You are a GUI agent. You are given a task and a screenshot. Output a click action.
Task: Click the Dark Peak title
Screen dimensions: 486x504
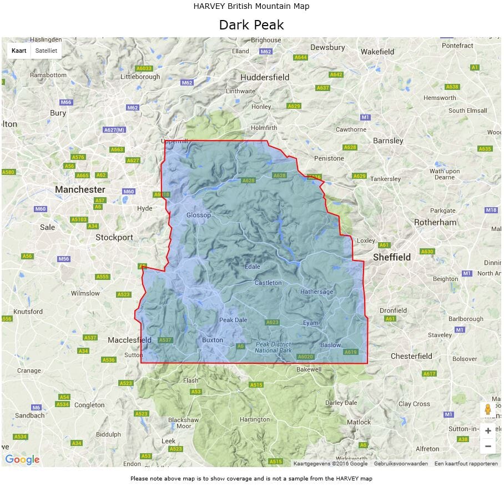[x=251, y=25]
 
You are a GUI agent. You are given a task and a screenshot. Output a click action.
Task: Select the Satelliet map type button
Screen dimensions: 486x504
[x=46, y=51]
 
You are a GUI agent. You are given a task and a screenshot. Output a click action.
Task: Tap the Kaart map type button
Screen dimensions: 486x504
[x=19, y=51]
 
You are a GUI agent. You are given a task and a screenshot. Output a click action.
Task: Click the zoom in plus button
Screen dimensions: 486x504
[x=488, y=431]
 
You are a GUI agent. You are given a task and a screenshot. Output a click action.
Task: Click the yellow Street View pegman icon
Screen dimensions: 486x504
[x=488, y=410]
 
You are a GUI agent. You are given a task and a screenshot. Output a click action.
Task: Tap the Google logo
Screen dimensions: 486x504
[x=22, y=459]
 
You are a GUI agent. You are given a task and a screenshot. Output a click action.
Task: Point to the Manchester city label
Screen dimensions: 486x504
[x=80, y=189]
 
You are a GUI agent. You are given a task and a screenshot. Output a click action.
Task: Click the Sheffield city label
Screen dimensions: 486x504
[x=392, y=257]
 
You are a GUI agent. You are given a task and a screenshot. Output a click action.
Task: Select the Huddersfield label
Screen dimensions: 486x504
[x=265, y=78]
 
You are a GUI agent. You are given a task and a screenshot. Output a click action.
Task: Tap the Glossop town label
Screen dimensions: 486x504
[x=199, y=216]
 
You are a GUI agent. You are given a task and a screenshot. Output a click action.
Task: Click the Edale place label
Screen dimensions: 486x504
[x=253, y=267]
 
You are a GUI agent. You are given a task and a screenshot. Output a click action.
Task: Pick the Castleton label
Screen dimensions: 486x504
[x=268, y=283]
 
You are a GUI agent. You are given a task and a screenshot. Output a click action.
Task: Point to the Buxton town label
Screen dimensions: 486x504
[x=213, y=340]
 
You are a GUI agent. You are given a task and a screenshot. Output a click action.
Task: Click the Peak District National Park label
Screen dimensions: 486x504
[x=274, y=348]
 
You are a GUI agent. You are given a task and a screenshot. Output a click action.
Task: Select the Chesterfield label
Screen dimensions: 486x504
[x=411, y=355]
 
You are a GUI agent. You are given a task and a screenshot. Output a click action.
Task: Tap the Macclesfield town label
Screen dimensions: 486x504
[x=129, y=340]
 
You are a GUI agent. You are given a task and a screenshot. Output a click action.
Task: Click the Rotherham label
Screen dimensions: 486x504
[x=435, y=222]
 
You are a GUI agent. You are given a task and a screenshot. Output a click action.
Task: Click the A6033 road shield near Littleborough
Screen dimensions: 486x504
[x=144, y=68]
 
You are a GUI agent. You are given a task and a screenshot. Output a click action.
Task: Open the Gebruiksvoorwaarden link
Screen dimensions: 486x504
[x=401, y=463]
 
